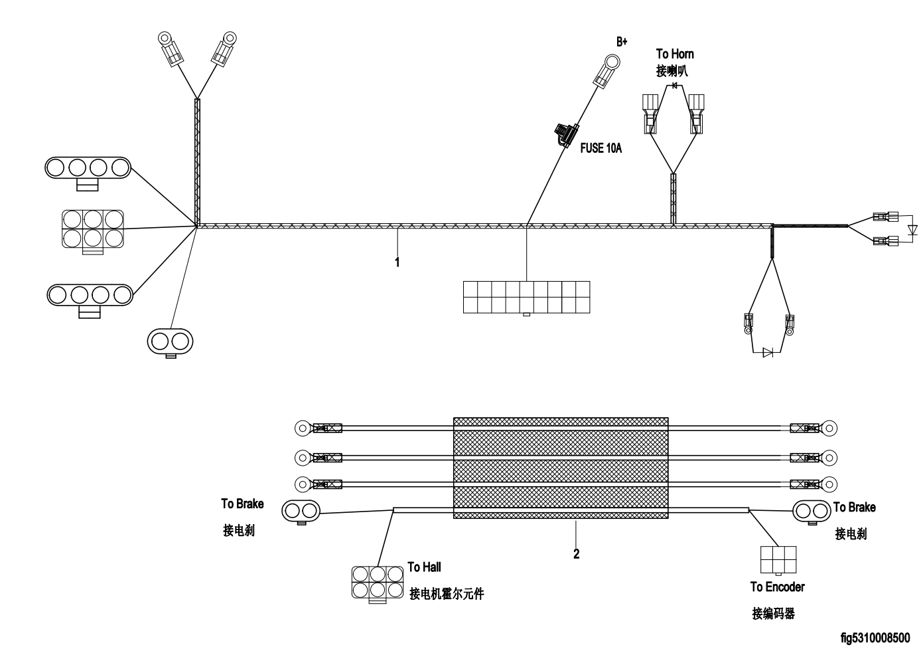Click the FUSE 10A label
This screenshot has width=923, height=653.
(x=601, y=148)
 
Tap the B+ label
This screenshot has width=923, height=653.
(x=621, y=42)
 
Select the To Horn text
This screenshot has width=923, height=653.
(x=675, y=54)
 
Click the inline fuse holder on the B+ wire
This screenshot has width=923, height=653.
(x=566, y=134)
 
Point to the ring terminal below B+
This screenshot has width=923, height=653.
(x=607, y=70)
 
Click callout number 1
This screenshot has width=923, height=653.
(x=397, y=262)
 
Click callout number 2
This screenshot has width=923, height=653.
(x=576, y=554)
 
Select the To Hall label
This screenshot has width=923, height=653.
(x=424, y=567)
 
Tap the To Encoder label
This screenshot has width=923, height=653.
(x=777, y=587)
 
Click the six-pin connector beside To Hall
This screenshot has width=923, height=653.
(x=378, y=583)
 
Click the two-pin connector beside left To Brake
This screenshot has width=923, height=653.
(x=301, y=512)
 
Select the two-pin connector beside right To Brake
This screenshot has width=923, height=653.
(x=812, y=512)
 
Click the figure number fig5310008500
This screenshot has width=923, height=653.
(x=875, y=638)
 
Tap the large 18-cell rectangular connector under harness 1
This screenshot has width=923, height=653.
(x=526, y=298)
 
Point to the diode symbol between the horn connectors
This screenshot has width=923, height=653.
(x=675, y=86)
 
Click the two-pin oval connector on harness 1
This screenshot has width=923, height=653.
(x=170, y=342)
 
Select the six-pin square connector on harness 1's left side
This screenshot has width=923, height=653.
(x=93, y=231)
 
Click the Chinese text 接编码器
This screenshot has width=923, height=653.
(x=773, y=614)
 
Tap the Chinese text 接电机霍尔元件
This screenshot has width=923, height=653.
(x=447, y=594)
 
